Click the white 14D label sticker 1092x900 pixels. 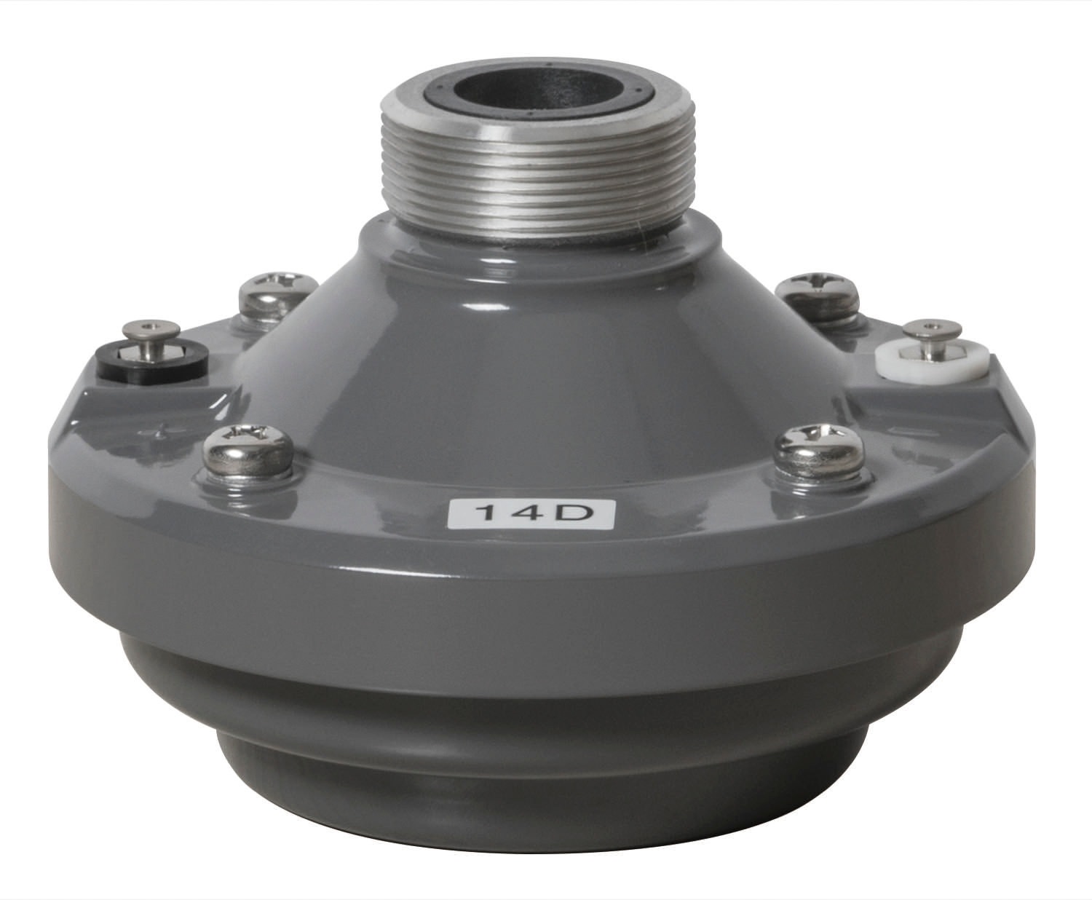click(x=531, y=513)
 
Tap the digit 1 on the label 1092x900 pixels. click(x=486, y=513)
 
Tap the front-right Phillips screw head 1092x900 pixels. click(x=818, y=453)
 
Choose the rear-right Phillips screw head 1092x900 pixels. click(x=818, y=296)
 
